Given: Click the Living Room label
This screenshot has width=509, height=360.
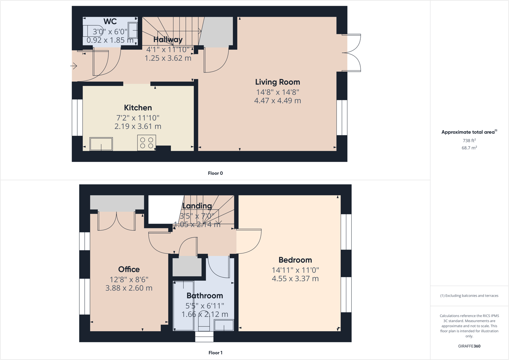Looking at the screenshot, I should (x=277, y=82).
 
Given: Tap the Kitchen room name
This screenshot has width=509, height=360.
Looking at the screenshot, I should (x=138, y=108).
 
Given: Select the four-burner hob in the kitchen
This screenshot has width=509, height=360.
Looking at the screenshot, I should (x=146, y=143).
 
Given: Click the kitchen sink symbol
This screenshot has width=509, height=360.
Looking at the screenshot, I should (x=101, y=144).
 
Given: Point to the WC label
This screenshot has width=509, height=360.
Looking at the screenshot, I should (x=110, y=22).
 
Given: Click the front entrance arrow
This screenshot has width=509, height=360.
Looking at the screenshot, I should (x=74, y=66).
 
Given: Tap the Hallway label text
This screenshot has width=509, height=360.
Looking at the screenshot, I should (x=168, y=39).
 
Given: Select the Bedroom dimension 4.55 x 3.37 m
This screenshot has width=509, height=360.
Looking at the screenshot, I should (x=295, y=279).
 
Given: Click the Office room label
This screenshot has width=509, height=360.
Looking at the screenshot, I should (x=129, y=269).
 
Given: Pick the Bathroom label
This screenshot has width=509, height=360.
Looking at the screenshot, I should (x=204, y=296).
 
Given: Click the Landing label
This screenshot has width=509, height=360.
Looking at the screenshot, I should (x=197, y=206).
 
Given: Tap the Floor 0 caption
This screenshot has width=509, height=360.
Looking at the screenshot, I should (x=215, y=173).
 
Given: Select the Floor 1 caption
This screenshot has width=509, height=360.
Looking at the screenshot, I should (x=215, y=353).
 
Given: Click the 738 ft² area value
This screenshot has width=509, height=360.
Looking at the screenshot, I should (x=469, y=140).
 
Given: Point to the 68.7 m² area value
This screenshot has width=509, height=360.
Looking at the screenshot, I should (x=469, y=148).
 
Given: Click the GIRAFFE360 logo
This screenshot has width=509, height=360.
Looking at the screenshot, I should (x=469, y=346).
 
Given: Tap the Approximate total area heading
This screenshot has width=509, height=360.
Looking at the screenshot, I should (x=468, y=132).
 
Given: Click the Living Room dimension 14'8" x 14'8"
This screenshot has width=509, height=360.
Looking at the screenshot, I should (x=277, y=92).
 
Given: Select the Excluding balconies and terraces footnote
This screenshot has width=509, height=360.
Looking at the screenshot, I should (x=469, y=296).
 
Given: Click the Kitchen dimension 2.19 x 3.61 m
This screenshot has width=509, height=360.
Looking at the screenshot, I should (x=138, y=126).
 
